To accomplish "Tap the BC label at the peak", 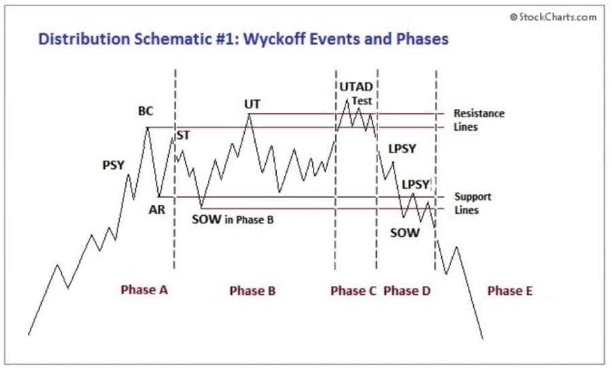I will coord(146,111).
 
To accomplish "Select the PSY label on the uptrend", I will coord(113,165).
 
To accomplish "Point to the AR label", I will coord(157,210).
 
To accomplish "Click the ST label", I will coord(184,135).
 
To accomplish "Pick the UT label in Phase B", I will coord(252,104).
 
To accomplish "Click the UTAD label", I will coord(355,86).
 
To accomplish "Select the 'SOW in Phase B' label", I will coord(233,220).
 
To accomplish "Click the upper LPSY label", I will coord(402,148).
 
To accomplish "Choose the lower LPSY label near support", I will coord(415,184).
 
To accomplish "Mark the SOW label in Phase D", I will coord(404,232).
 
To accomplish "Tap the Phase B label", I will coord(252,291).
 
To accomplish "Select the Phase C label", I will coord(354,291).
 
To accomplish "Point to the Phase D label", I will coord(407,291).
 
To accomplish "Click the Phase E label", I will coord(510,291).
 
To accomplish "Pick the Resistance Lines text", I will coord(479,120).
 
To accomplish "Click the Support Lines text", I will coord(472,203).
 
